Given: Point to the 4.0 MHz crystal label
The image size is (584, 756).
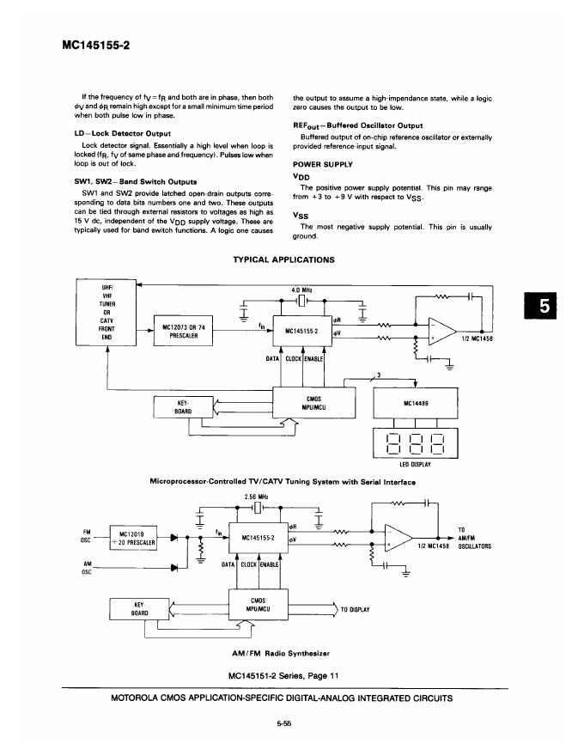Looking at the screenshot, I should (301, 290).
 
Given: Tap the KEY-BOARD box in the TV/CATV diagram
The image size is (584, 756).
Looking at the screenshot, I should (182, 405).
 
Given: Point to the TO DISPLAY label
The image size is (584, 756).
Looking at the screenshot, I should (355, 609).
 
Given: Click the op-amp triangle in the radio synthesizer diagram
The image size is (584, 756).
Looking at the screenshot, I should (397, 539).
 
